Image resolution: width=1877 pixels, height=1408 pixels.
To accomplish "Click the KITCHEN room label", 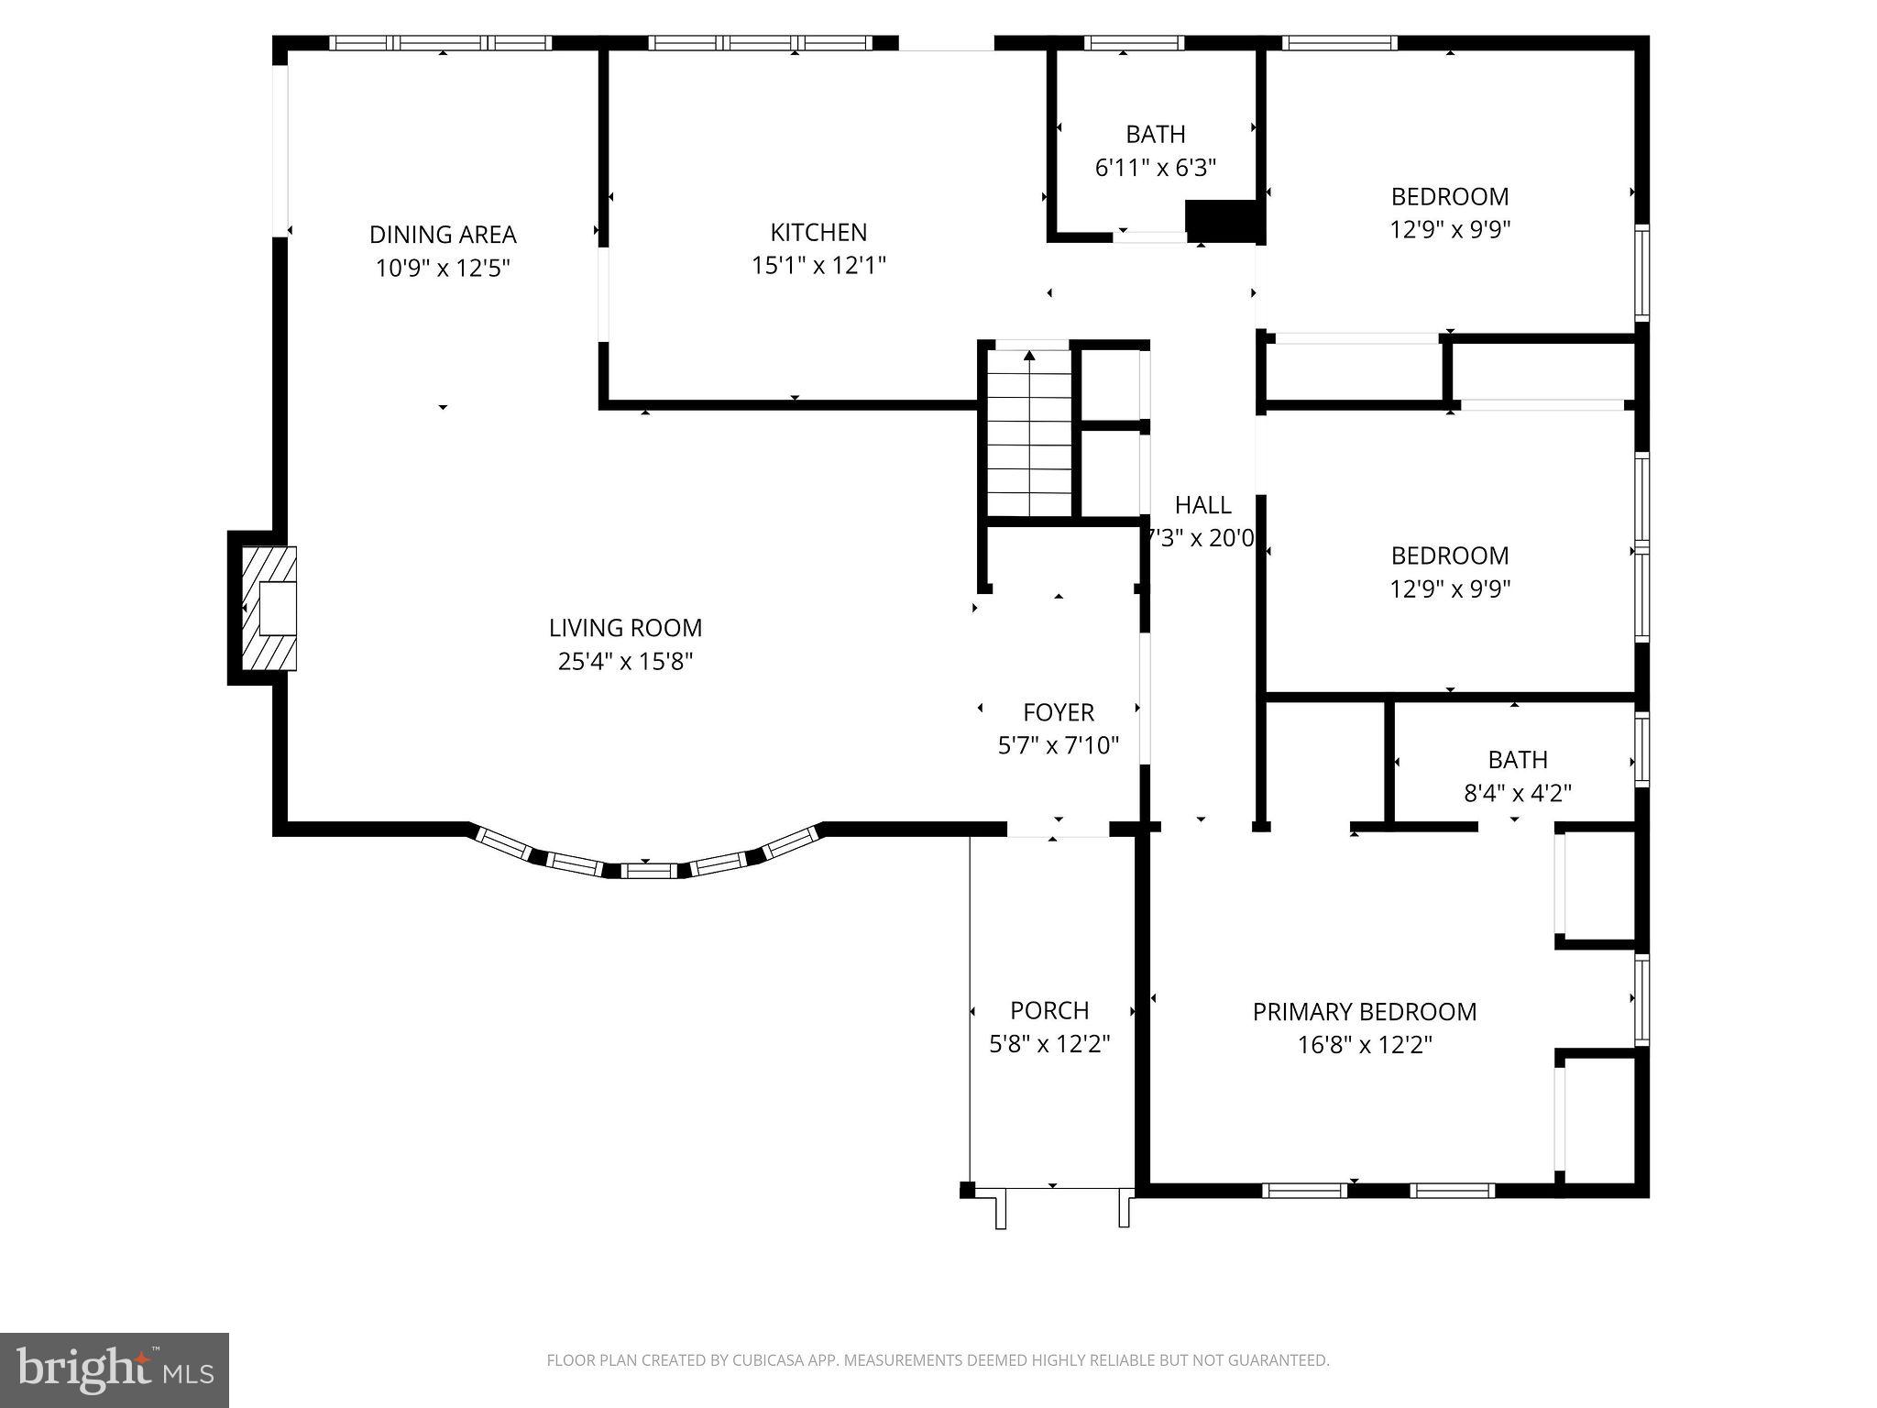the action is [x=818, y=232].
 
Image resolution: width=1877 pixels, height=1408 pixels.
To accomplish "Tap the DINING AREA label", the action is [x=443, y=235].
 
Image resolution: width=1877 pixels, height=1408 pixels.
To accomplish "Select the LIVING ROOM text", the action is [x=625, y=628].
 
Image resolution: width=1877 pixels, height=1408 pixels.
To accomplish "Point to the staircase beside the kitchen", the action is [x=1028, y=434].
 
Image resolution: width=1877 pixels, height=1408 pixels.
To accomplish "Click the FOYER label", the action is [x=1059, y=712].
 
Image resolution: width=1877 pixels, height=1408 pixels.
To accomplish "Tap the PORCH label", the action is [x=1049, y=1010].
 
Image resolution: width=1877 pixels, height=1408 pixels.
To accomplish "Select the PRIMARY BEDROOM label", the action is [x=1365, y=1012].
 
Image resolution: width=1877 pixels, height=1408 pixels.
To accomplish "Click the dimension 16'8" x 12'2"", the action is [x=1365, y=1045].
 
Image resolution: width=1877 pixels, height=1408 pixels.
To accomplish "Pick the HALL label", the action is [x=1202, y=505].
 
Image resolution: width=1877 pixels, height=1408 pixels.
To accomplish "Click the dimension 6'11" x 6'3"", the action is [x=1156, y=168].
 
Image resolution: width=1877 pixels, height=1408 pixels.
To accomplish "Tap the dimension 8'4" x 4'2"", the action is [x=1518, y=793].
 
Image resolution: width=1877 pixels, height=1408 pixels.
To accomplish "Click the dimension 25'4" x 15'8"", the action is [x=625, y=661].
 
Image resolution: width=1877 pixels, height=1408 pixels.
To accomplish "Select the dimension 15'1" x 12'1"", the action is [x=818, y=265].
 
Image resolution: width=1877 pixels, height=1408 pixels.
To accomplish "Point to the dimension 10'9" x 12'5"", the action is [x=443, y=268].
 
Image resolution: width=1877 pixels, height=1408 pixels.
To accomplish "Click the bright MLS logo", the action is [x=115, y=1369].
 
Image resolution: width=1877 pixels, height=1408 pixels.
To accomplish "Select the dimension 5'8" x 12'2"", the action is [x=1049, y=1043].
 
